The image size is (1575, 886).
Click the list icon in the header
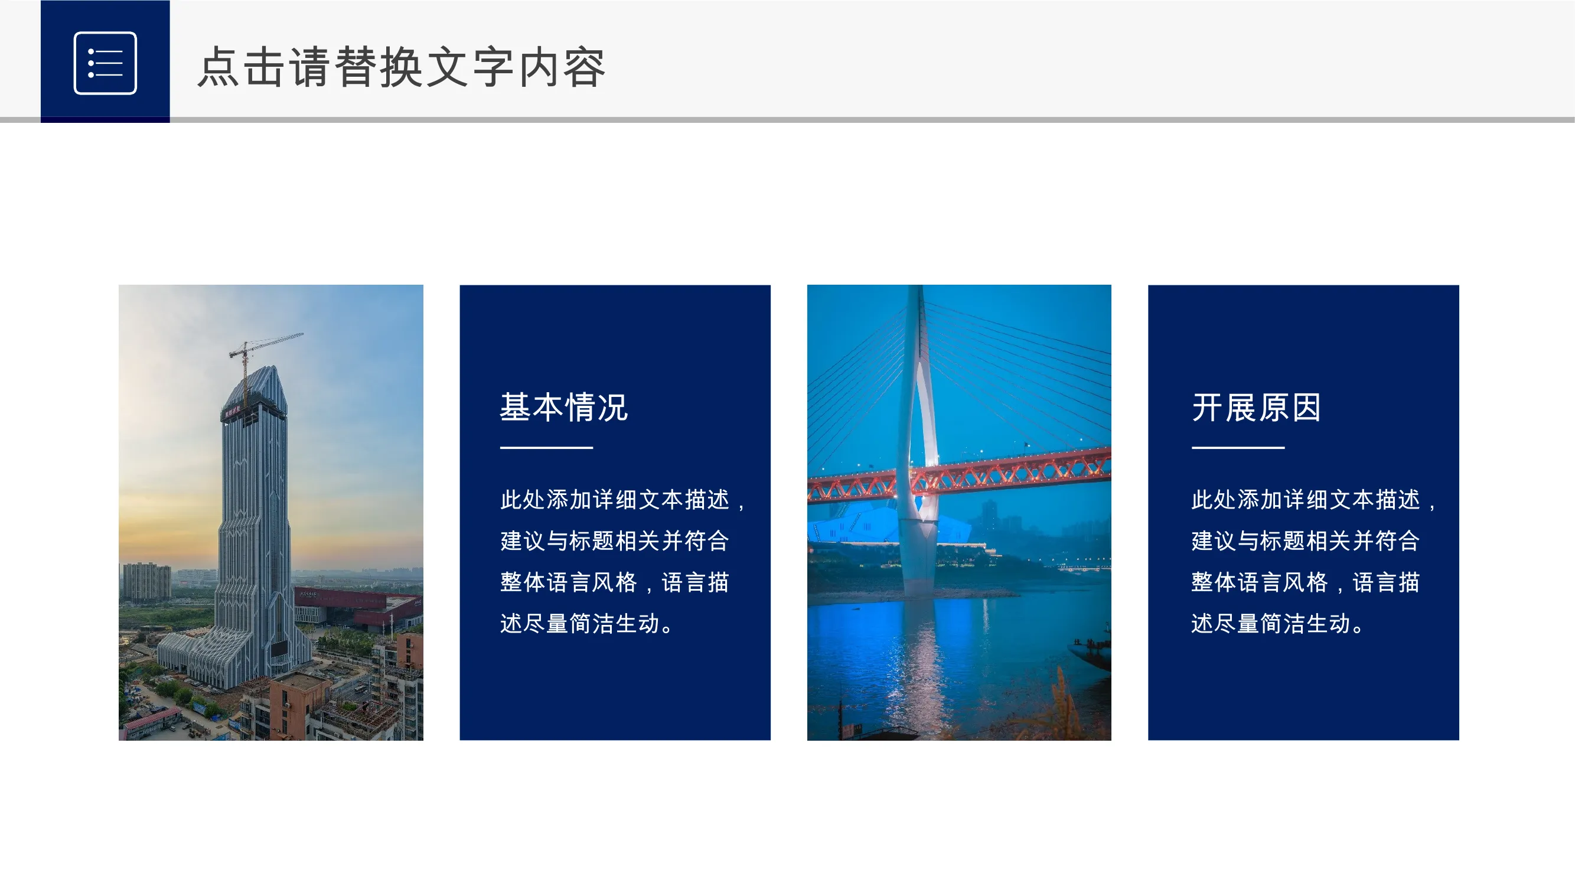pyautogui.click(x=105, y=63)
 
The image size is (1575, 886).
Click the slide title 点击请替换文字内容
pyautogui.click(x=402, y=67)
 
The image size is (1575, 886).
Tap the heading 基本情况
pyautogui.click(x=564, y=407)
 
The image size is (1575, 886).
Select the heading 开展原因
pyautogui.click(x=1257, y=407)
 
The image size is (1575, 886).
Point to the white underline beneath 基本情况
pyautogui.click(x=547, y=448)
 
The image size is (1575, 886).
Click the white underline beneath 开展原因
pyautogui.click(x=1238, y=448)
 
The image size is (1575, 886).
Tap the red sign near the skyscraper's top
pyautogui.click(x=231, y=413)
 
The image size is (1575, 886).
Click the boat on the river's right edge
pyautogui.click(x=1091, y=651)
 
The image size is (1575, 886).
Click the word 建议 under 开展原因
pyautogui.click(x=1214, y=541)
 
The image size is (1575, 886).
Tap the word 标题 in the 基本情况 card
pyautogui.click(x=592, y=541)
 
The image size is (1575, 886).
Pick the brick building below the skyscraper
pyautogui.click(x=299, y=703)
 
